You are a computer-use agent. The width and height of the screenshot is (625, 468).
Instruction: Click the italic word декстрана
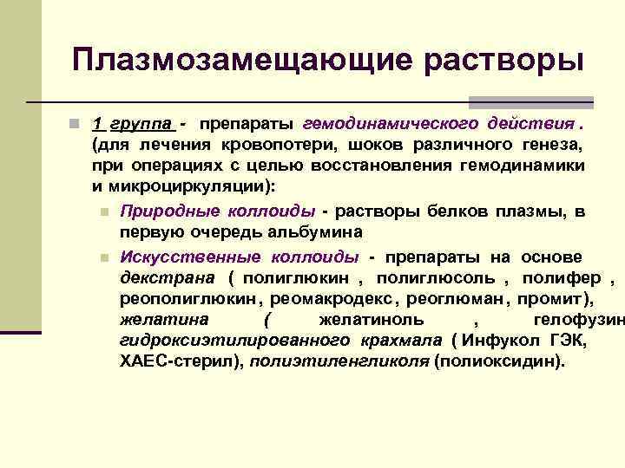(169, 278)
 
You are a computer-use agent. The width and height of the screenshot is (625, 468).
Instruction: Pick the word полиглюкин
(296, 278)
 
